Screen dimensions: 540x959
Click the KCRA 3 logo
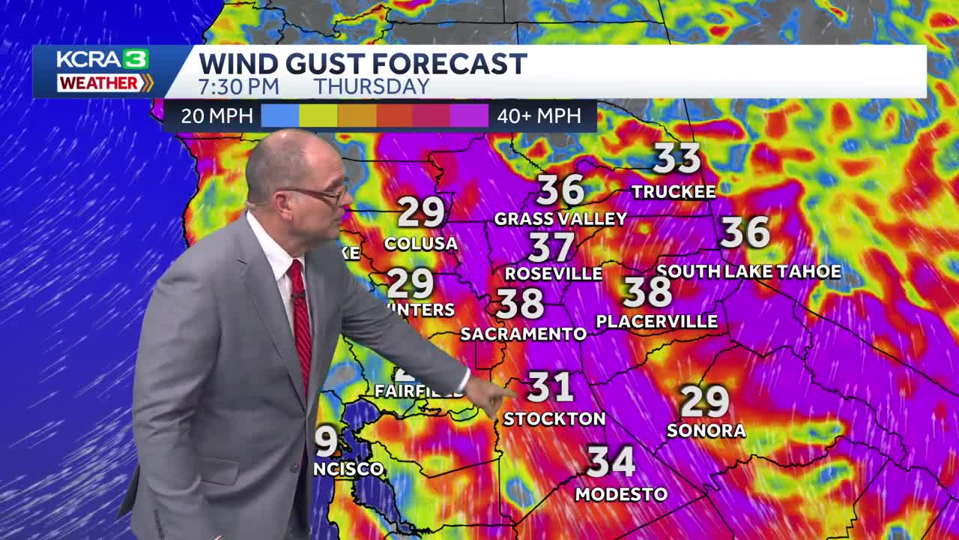click(x=103, y=60)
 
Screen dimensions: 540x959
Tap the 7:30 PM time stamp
click(x=238, y=86)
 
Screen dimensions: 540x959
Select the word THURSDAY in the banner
click(x=372, y=86)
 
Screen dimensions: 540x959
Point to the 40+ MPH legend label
click(x=538, y=116)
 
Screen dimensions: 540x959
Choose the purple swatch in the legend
click(x=469, y=116)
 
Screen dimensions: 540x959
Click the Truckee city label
click(x=674, y=192)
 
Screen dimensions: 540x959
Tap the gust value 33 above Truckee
click(x=677, y=159)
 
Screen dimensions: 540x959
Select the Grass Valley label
click(x=560, y=219)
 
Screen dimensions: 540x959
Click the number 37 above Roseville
click(x=551, y=247)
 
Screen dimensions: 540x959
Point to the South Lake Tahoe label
click(x=748, y=271)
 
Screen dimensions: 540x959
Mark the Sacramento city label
click(x=523, y=334)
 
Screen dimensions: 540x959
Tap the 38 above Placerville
click(x=647, y=292)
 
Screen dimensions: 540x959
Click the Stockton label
click(x=554, y=419)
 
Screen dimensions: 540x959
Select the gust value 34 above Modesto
click(x=611, y=461)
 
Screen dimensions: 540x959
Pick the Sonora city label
click(x=706, y=430)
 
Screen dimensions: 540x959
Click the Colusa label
click(x=420, y=244)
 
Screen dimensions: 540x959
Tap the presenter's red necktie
click(x=301, y=322)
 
